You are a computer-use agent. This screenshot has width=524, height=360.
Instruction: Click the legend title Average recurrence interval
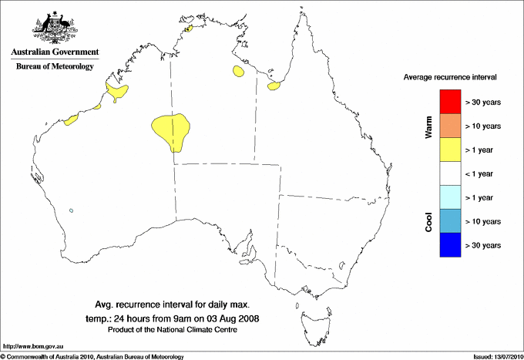449,78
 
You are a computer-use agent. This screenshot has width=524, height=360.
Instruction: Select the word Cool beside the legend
428,222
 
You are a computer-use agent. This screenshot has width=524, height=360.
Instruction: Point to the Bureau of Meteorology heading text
55,67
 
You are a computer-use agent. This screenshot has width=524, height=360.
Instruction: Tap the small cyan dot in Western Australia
71,210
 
